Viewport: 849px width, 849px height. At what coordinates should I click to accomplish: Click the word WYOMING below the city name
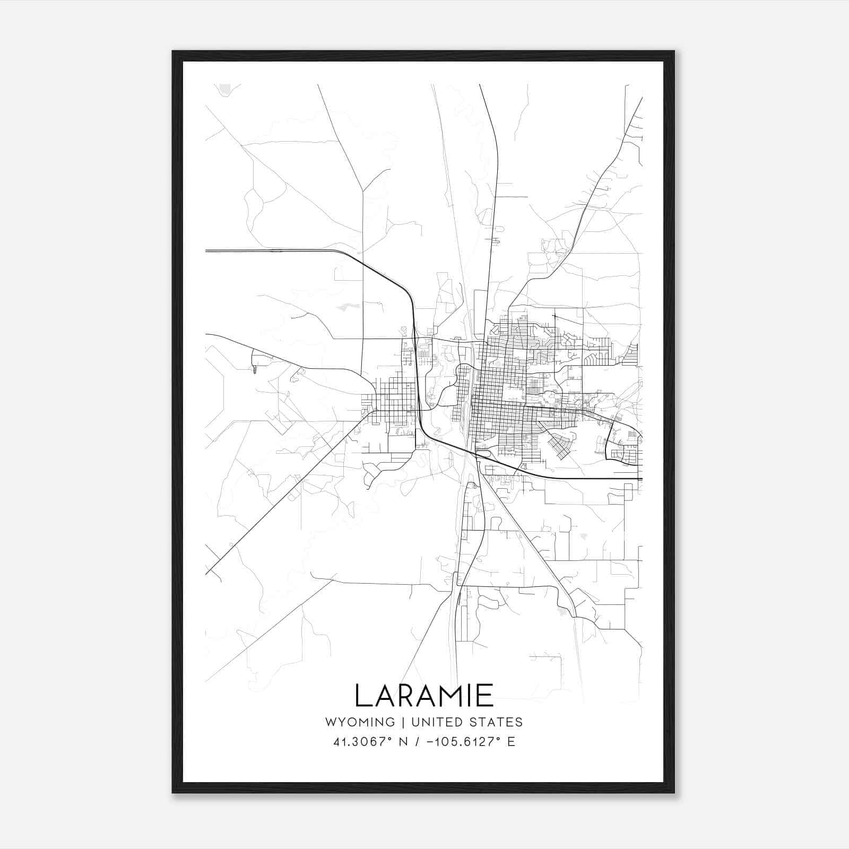360,722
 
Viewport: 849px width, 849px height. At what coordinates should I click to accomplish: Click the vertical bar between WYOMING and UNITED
403,722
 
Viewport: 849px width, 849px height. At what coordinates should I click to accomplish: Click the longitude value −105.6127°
461,742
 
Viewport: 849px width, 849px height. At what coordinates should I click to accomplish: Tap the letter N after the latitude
403,742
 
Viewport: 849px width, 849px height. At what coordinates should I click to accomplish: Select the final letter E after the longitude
512,742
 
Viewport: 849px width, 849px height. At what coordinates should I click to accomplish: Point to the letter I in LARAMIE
472,696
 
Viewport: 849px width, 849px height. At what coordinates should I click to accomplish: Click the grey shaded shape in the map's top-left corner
227,89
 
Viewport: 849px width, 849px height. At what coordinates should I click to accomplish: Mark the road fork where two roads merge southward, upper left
363,191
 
